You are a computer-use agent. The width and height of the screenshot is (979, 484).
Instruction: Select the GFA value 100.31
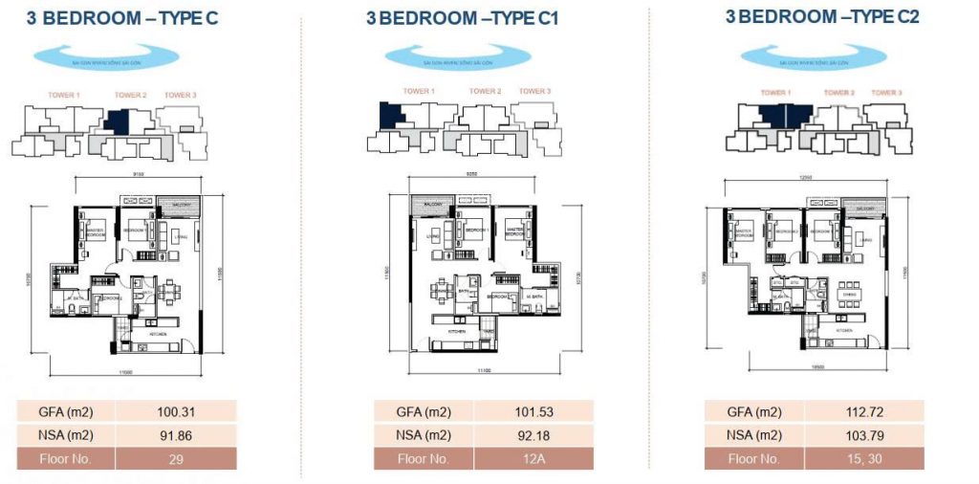(x=176, y=412)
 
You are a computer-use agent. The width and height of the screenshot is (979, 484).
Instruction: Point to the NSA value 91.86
(x=176, y=436)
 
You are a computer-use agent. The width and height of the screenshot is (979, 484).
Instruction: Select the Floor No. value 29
(x=176, y=459)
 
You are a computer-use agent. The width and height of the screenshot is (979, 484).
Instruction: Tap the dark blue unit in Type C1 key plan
(x=392, y=116)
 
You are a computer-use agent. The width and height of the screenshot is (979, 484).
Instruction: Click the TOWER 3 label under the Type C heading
(x=180, y=95)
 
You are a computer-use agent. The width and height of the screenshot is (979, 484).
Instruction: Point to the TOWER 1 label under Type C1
(x=419, y=92)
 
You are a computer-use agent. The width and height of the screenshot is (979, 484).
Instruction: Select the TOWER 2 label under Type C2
(x=838, y=93)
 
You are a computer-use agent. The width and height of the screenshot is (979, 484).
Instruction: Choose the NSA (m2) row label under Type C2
(x=755, y=436)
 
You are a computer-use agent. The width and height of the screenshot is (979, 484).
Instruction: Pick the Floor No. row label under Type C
(x=66, y=459)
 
